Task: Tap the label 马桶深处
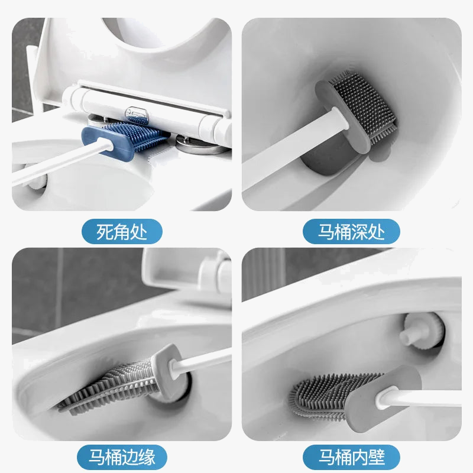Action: pyautogui.click(x=351, y=231)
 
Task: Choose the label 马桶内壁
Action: pyautogui.click(x=351, y=457)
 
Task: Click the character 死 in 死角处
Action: pyautogui.click(x=105, y=231)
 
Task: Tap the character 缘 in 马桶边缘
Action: pyautogui.click(x=147, y=457)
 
